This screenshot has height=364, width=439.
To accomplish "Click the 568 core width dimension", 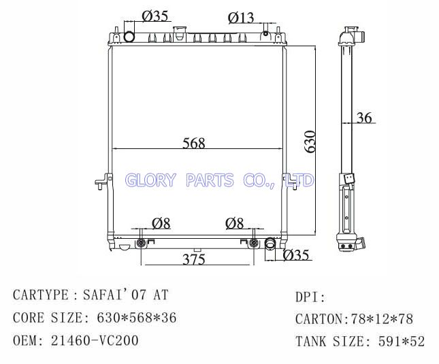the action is (194, 143).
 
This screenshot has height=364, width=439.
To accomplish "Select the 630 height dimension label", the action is (310, 142).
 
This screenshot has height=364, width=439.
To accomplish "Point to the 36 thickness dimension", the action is (364, 118).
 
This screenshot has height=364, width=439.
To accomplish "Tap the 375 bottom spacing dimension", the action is (194, 259).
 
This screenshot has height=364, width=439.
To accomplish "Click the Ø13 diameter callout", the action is (241, 18).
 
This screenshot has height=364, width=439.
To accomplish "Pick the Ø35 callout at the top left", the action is (155, 16).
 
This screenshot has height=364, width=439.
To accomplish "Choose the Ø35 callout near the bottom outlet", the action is (296, 255).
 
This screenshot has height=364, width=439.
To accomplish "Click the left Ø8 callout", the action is (161, 224).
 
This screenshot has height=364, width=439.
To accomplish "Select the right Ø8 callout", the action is (234, 224).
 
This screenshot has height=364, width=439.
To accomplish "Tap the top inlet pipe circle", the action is (129, 37).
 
